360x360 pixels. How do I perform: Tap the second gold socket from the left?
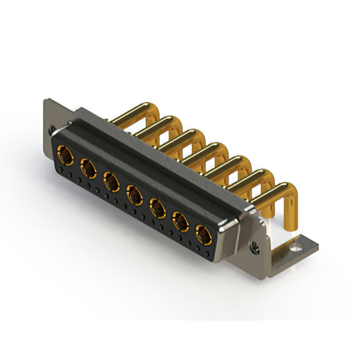click(x=88, y=166)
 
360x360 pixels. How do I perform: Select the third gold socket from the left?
click(x=111, y=181)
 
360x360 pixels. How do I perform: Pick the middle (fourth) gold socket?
click(x=134, y=195)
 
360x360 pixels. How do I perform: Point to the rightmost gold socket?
click(x=203, y=233)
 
